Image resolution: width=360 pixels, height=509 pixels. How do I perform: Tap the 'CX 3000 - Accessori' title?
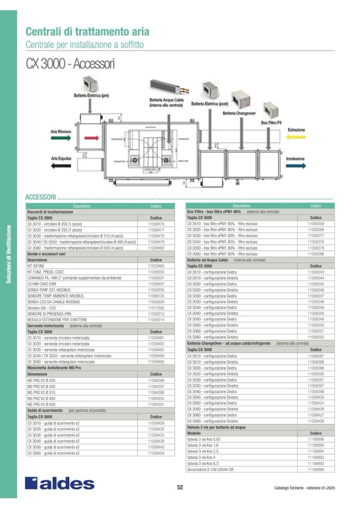[70, 64]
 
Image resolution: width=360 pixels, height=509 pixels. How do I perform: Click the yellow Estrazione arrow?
[296, 137]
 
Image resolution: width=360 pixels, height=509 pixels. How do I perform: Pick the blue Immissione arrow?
[296, 166]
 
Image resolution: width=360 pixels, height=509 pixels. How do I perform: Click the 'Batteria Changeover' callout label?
[239, 113]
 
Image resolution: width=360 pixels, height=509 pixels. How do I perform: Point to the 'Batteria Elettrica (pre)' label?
[91, 96]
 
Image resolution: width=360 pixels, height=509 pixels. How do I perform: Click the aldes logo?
[59, 483]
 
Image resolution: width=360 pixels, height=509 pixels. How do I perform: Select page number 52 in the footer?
[180, 488]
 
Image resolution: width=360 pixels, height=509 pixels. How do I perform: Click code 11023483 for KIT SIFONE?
[156, 266]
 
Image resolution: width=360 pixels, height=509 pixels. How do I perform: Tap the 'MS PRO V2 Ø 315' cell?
[40, 392]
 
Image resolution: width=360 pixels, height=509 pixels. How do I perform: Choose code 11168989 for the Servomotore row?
[315, 469]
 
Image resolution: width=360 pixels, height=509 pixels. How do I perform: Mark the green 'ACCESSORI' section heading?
[40, 197]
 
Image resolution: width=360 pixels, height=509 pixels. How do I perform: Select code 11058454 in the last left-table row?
[156, 453]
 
